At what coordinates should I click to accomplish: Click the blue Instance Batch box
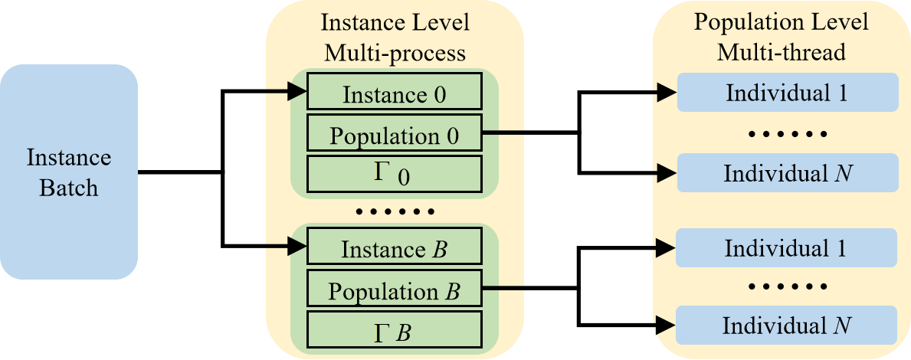[x=69, y=172]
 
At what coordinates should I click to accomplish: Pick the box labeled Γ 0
[x=394, y=174]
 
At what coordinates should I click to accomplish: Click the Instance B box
[x=394, y=249]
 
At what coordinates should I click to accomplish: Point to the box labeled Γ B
[x=394, y=331]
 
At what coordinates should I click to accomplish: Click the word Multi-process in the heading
[x=395, y=52]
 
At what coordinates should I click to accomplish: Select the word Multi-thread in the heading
[x=781, y=52]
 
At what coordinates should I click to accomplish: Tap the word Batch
[x=69, y=186]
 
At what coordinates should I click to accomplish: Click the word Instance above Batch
[x=69, y=158]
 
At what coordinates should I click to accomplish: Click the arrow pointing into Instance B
[x=286, y=247]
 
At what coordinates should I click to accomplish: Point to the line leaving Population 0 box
[x=503, y=133]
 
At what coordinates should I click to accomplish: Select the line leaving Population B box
[x=503, y=289]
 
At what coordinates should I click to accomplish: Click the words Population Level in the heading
[x=781, y=22]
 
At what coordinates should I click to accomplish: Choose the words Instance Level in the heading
[x=395, y=23]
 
